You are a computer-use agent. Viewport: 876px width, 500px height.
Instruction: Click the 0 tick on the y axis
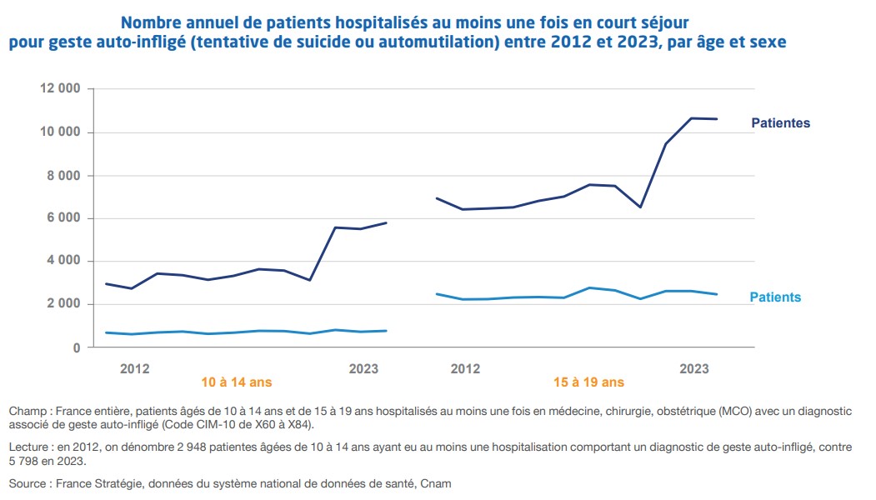76,347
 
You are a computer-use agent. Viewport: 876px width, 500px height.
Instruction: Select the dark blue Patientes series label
780,123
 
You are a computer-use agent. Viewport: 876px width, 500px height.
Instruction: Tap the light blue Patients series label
775,297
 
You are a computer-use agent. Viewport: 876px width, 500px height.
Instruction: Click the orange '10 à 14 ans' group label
237,383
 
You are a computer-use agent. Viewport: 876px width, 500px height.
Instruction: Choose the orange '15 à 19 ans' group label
588,383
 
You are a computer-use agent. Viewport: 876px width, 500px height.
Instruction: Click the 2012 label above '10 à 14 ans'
135,368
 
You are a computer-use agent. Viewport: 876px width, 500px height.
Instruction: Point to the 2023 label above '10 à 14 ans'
363,368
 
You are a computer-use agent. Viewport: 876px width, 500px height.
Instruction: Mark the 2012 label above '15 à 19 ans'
465,368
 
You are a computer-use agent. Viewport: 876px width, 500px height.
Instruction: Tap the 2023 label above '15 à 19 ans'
694,368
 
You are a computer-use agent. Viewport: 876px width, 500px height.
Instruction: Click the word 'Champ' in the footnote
25,412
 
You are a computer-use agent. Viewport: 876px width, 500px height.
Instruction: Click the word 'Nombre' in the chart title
152,21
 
